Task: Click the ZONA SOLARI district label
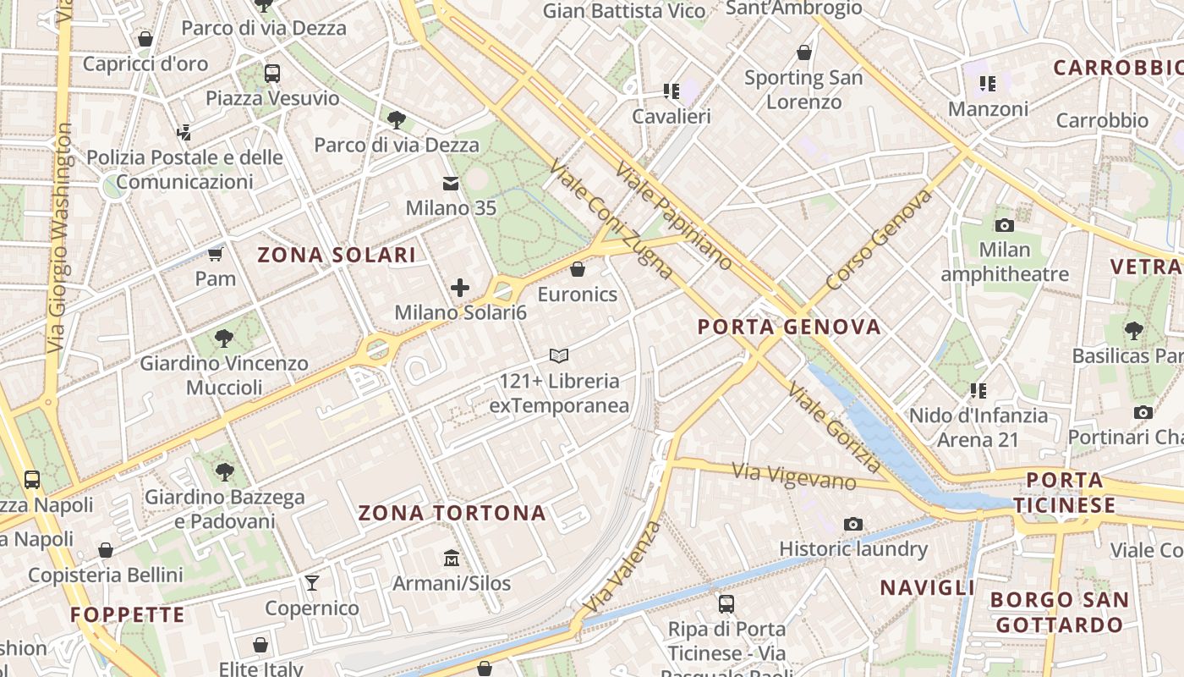(x=337, y=255)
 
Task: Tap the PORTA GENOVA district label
(x=789, y=327)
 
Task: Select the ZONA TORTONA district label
(x=452, y=513)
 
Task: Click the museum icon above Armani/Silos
(x=452, y=559)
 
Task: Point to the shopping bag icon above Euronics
(x=578, y=270)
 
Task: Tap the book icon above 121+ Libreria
(x=559, y=356)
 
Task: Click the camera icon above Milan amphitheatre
(x=1005, y=225)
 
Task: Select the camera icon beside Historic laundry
(x=853, y=525)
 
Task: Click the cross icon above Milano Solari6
(x=460, y=288)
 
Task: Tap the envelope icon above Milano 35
(x=451, y=184)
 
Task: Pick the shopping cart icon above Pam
(x=216, y=254)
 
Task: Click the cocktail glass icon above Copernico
(x=312, y=583)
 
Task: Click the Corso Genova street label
(x=879, y=239)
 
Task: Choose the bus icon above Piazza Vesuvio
(x=271, y=74)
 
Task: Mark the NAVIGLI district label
(x=928, y=587)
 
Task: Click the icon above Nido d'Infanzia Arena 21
(x=978, y=391)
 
